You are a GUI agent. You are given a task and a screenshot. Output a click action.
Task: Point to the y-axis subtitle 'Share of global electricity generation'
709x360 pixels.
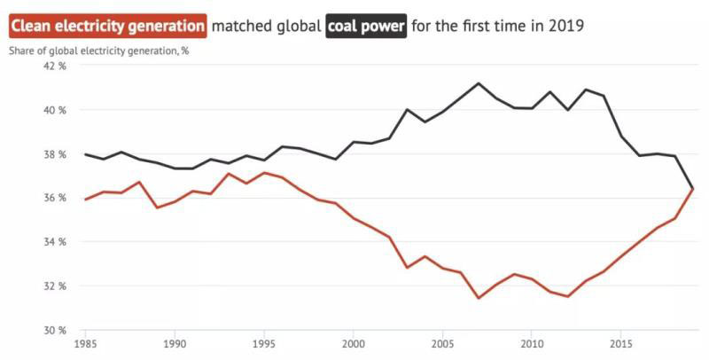[x=99, y=50]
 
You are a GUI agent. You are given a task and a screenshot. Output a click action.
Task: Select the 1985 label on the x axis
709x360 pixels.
[x=86, y=343]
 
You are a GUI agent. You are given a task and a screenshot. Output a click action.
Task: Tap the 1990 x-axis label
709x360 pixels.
[x=175, y=343]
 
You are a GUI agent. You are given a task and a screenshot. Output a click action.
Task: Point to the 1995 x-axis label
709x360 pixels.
[x=264, y=343]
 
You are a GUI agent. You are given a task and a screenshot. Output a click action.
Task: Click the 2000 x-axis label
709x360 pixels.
[x=354, y=343]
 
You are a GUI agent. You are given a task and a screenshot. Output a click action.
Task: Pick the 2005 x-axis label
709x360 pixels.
[x=443, y=343]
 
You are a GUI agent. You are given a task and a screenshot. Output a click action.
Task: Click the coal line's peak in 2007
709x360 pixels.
[x=479, y=83]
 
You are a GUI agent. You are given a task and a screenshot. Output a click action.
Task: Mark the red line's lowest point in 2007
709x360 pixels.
[x=479, y=298]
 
